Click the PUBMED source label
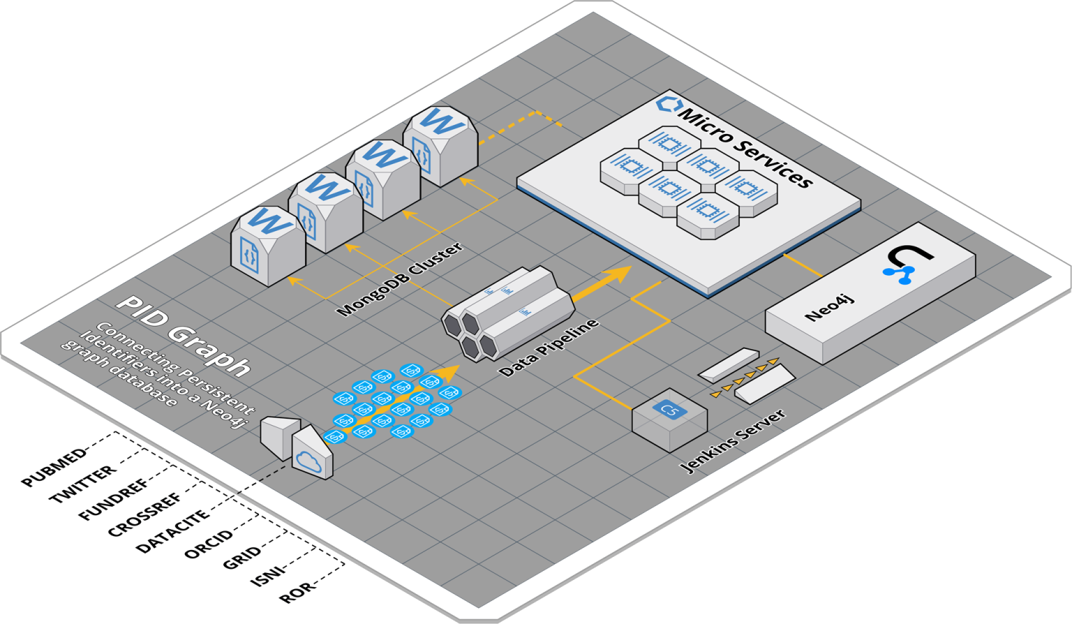coord(55,468)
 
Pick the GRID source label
coord(242,558)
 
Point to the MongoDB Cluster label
coord(400,279)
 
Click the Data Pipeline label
coord(550,348)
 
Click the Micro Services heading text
coord(746,147)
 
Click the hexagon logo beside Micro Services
coord(668,105)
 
